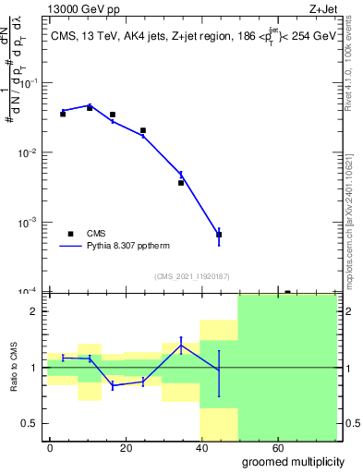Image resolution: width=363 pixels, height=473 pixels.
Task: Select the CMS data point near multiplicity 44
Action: pyautogui.click(x=219, y=235)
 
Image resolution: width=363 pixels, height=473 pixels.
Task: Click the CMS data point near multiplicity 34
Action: pyautogui.click(x=181, y=182)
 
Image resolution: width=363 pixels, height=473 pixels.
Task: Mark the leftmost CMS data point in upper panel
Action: pyautogui.click(x=63, y=114)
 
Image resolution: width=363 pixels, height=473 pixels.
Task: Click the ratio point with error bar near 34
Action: pyautogui.click(x=181, y=346)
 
